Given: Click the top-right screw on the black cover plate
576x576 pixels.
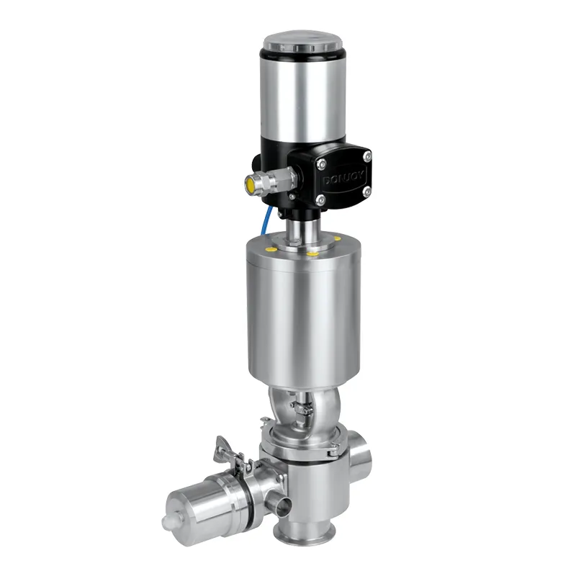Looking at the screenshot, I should click(x=367, y=157).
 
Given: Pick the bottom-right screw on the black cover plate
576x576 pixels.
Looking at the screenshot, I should click(x=366, y=192).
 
